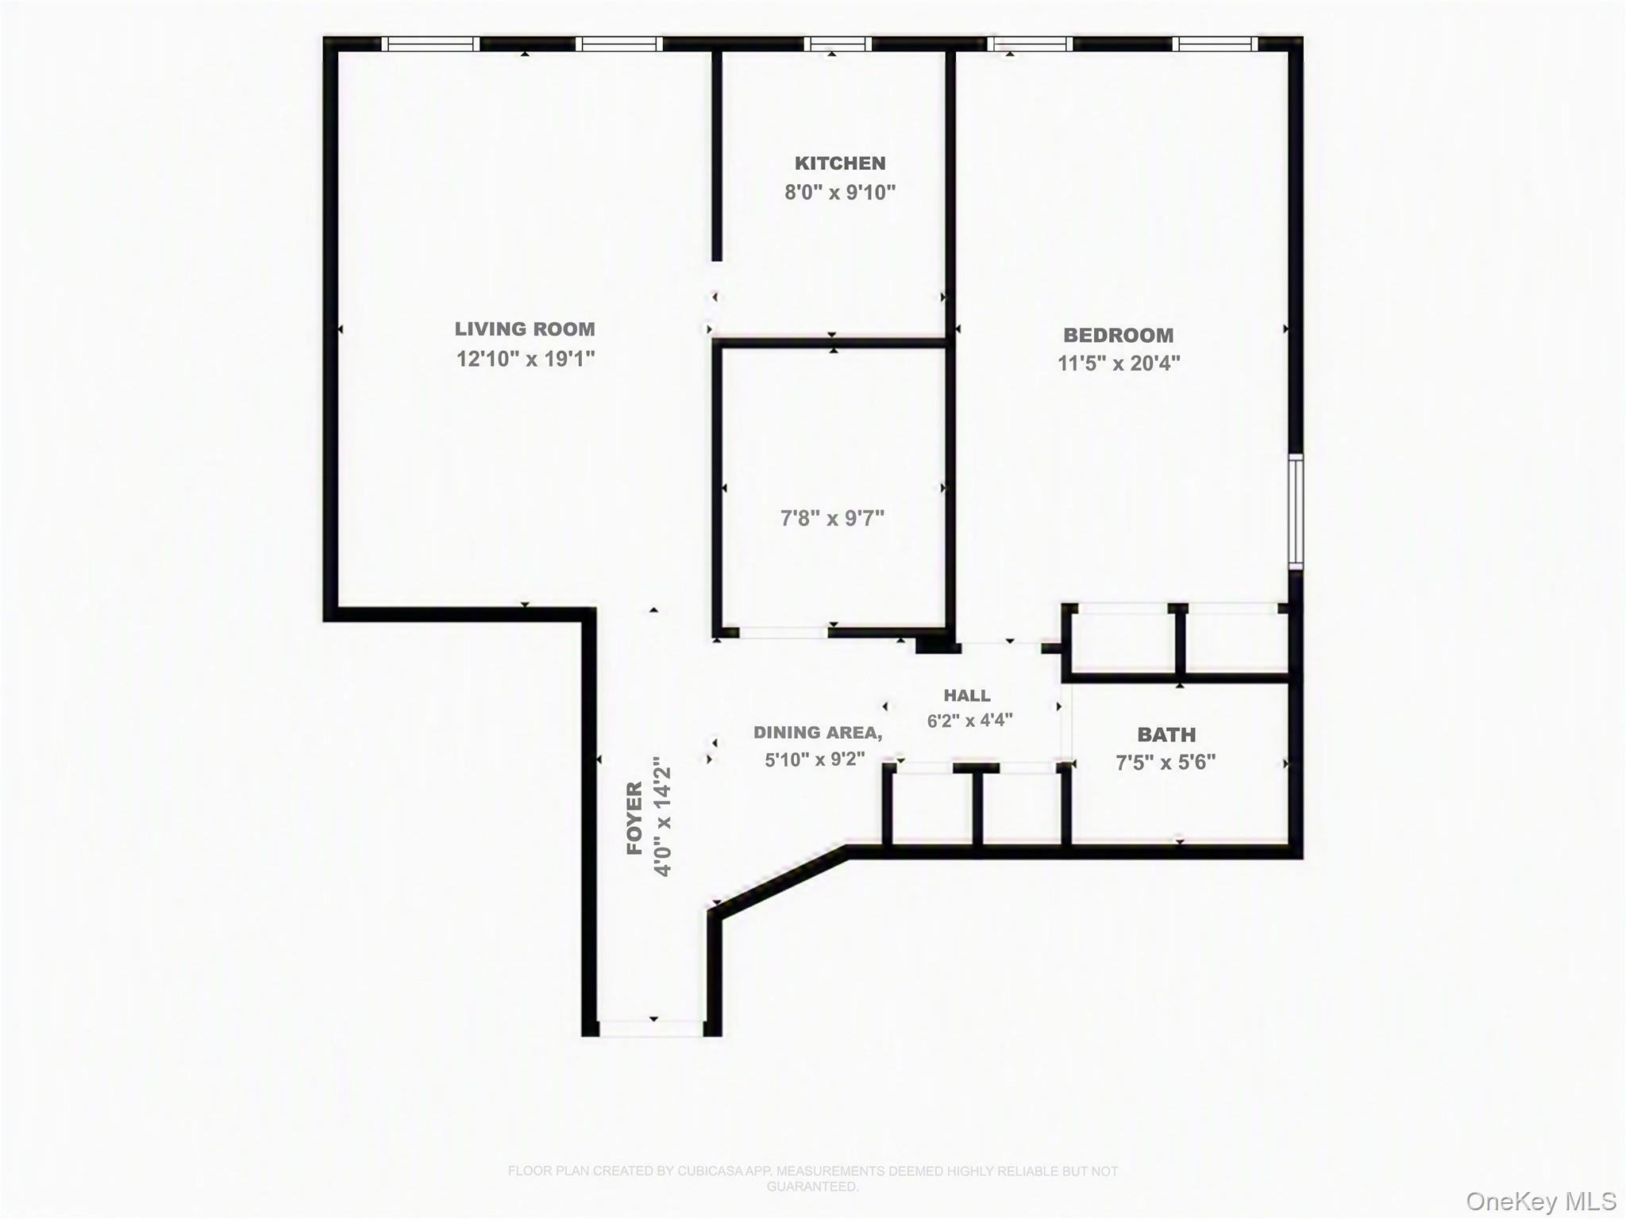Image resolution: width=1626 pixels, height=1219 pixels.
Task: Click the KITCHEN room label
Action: pyautogui.click(x=840, y=163)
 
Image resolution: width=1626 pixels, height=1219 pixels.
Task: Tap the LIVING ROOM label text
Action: pyautogui.click(x=525, y=329)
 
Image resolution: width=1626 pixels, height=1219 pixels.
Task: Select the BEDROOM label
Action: pyautogui.click(x=1118, y=335)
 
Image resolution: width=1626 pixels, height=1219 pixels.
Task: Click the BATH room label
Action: pyautogui.click(x=1166, y=735)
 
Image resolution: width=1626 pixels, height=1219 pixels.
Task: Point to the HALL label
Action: pyautogui.click(x=967, y=696)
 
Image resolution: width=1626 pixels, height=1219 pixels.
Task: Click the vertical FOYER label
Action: pyautogui.click(x=634, y=818)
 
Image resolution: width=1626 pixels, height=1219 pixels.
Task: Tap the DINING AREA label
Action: pyautogui.click(x=818, y=733)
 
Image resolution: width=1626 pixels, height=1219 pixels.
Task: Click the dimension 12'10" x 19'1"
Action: pyautogui.click(x=526, y=359)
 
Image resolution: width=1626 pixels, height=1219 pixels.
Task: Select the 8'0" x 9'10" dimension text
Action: pyautogui.click(x=840, y=192)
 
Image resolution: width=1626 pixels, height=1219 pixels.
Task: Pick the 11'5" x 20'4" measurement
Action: pyautogui.click(x=1119, y=363)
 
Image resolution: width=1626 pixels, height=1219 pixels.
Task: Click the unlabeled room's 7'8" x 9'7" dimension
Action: pyautogui.click(x=832, y=518)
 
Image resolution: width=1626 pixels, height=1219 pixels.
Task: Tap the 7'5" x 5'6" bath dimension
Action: pyautogui.click(x=1166, y=763)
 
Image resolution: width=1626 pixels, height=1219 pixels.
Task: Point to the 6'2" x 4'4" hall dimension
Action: pyautogui.click(x=969, y=721)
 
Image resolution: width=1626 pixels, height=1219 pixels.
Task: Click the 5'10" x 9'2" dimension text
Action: pyautogui.click(x=815, y=759)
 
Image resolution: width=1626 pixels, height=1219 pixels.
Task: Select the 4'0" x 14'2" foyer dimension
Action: pyautogui.click(x=662, y=816)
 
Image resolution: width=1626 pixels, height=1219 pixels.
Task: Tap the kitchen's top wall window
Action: pyautogui.click(x=838, y=44)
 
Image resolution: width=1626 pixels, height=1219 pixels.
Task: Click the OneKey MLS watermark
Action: pyautogui.click(x=1541, y=1202)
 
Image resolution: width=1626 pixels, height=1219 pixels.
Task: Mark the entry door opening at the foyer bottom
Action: pyautogui.click(x=651, y=1029)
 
